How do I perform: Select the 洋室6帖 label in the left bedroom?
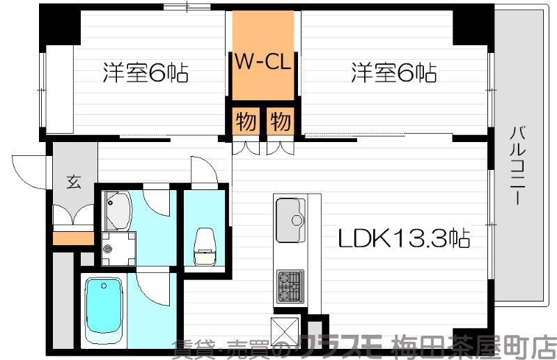pyautogui.click(x=146, y=73)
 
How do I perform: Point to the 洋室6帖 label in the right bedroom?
pyautogui.click(x=394, y=73)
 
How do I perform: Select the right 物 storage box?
pyautogui.click(x=279, y=123)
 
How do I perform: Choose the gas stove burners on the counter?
pyautogui.click(x=290, y=285)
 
